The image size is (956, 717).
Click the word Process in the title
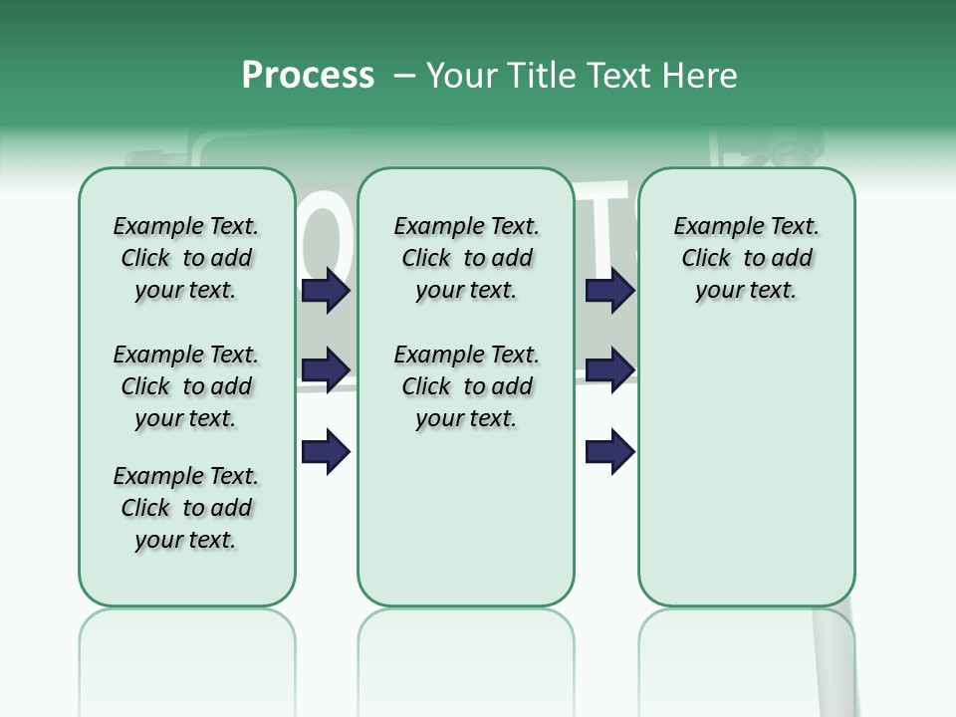[x=308, y=75]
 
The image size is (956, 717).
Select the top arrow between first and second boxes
[x=326, y=291]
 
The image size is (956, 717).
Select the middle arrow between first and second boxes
[x=326, y=370]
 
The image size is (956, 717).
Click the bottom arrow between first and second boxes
[x=326, y=452]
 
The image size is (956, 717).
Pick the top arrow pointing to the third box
[x=609, y=291]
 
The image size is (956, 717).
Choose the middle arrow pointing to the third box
[x=609, y=370]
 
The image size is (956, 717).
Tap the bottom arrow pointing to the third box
[x=609, y=452]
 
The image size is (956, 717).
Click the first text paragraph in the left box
[x=186, y=258]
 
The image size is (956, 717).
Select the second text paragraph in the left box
[x=186, y=386]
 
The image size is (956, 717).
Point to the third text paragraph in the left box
[x=186, y=508]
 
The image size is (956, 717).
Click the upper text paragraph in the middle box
[x=466, y=258]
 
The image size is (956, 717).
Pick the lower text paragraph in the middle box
[x=466, y=386]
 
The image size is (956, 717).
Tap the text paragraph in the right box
[x=746, y=258]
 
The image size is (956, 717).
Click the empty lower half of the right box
[x=746, y=478]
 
